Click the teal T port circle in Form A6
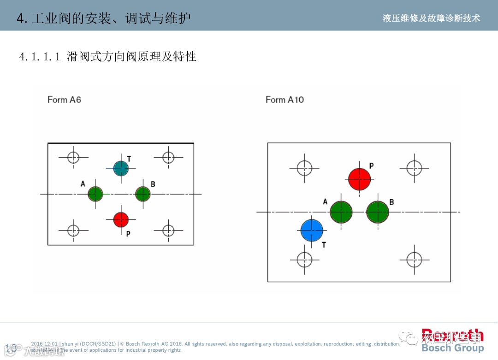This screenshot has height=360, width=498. pos(121,168)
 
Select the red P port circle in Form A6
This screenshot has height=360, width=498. pos(121,219)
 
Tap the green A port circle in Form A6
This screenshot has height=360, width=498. pos(95,194)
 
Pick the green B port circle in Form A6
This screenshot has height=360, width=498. pos(143,194)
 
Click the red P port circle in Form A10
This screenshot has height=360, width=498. pos(359,179)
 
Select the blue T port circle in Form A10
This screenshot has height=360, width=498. pos(312,230)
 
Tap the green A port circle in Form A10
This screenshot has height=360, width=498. pos(341,212)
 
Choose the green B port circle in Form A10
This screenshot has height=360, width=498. pos(378,212)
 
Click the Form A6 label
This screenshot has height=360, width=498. pos(64,100)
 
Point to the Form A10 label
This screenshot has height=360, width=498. pos(285,100)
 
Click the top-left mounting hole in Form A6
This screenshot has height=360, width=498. pos(73,157)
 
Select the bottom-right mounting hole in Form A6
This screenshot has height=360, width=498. pos(168,230)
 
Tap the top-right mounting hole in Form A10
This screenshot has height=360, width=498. pos(414,168)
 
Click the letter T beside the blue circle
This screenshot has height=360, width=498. pos(324,245)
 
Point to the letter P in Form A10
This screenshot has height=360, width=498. pos(371,165)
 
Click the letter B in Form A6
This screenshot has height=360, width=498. pos(153,184)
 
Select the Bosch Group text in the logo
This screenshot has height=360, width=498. pos(452,348)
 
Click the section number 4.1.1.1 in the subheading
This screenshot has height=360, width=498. pos(40,57)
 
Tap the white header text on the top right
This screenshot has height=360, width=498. pos(431,18)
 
